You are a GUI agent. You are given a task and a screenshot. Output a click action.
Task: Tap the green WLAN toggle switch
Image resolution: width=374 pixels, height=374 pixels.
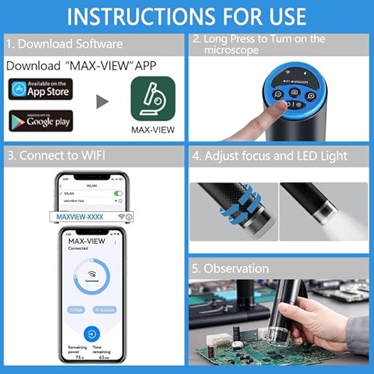pos(117,192)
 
